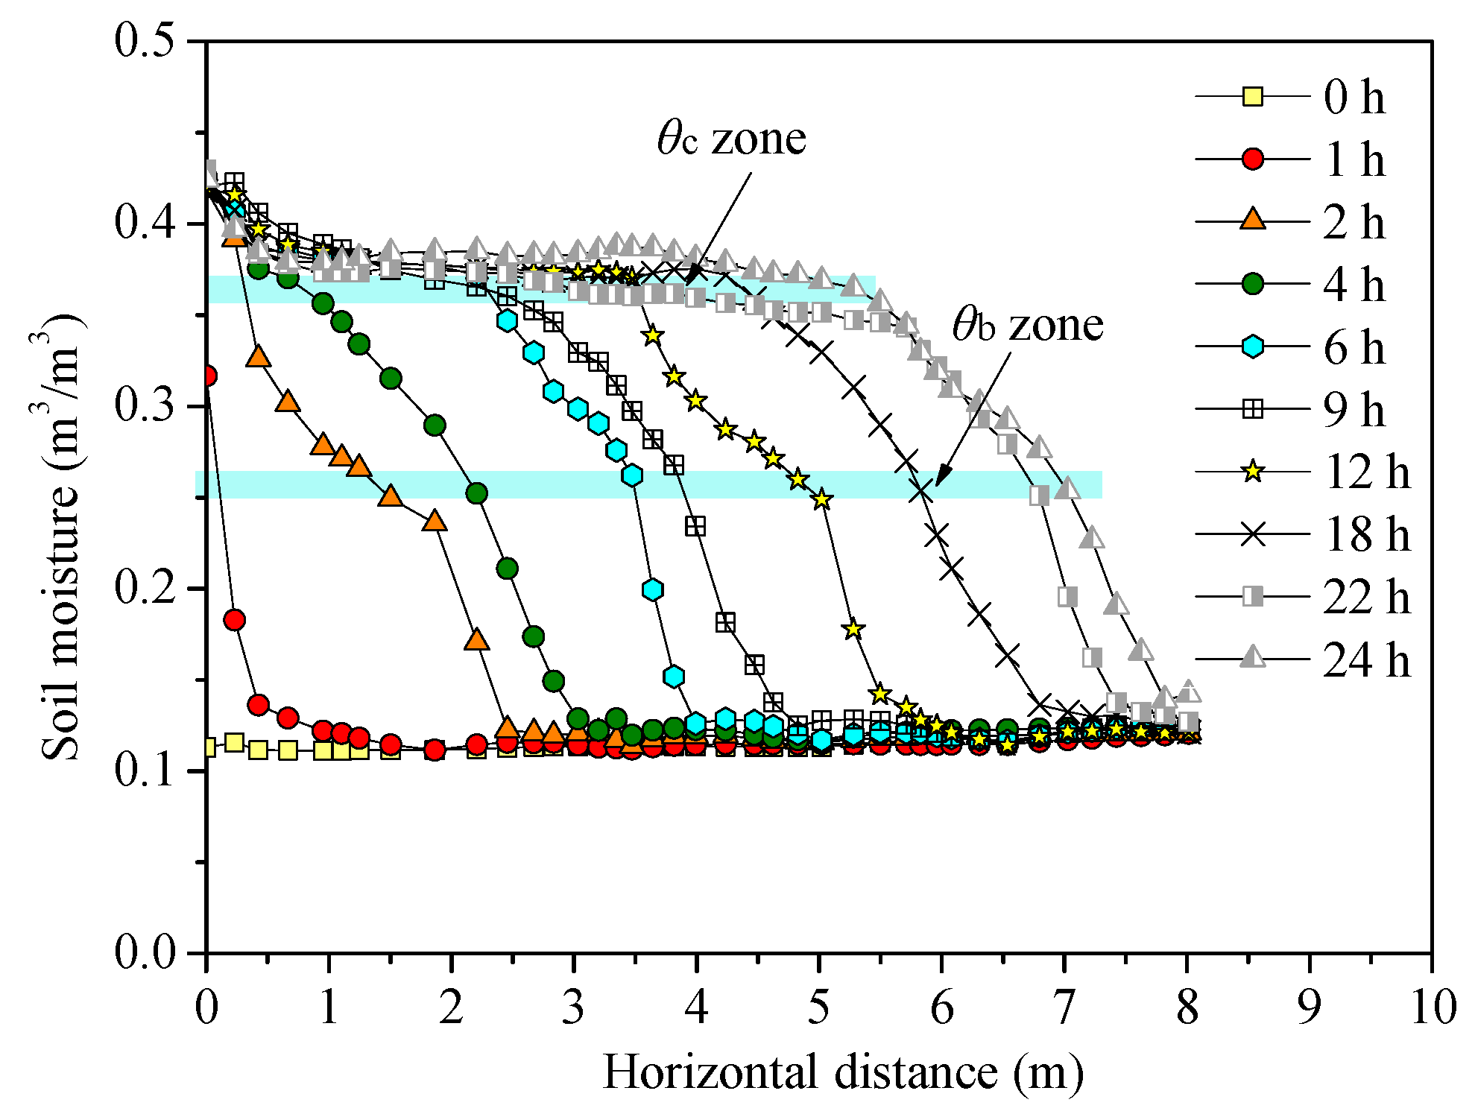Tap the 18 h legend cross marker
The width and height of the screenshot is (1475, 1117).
point(1254,534)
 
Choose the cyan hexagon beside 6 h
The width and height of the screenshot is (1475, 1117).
point(1254,347)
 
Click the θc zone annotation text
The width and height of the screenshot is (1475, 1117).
point(731,139)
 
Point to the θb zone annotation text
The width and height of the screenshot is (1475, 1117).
point(1028,326)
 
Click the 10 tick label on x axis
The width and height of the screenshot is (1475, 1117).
point(1431,1007)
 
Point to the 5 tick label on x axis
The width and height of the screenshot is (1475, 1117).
point(818,1007)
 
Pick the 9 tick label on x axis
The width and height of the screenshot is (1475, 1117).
point(1309,1007)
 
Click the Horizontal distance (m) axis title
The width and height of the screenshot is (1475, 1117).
point(842,1073)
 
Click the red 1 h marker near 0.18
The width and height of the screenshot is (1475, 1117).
point(234,620)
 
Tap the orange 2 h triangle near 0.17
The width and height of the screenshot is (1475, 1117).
point(477,640)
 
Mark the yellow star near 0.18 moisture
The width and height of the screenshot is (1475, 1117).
point(853,630)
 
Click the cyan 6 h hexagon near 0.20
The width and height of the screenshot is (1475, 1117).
point(652,590)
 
